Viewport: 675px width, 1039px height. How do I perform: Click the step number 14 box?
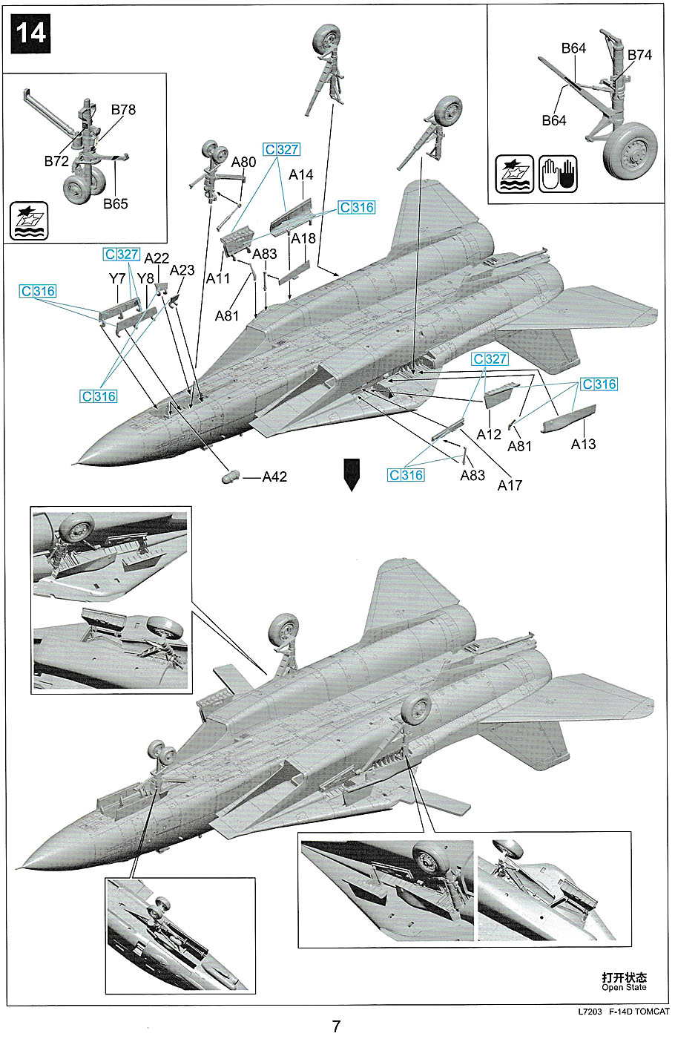30,33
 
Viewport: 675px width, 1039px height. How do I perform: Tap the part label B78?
123,110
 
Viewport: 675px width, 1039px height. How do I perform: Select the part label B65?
116,203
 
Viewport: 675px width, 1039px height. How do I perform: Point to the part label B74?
639,55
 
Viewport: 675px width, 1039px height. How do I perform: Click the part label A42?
274,476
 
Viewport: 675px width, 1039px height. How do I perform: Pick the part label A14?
301,175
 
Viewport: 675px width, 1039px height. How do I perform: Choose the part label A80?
243,162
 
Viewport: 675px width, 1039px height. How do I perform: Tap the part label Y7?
117,278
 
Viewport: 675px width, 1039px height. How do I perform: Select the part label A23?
182,270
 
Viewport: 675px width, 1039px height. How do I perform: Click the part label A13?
583,445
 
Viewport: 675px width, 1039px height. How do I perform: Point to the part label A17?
510,485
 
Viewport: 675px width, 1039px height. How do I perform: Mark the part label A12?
489,435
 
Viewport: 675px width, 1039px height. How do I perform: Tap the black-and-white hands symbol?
558,174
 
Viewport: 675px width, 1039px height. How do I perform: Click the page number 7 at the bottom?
337,1026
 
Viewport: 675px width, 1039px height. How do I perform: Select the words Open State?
624,988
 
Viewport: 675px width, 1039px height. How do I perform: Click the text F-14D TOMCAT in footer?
639,1012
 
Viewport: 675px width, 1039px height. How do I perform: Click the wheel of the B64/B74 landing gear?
631,151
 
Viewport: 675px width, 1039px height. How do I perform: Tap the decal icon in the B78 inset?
29,220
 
